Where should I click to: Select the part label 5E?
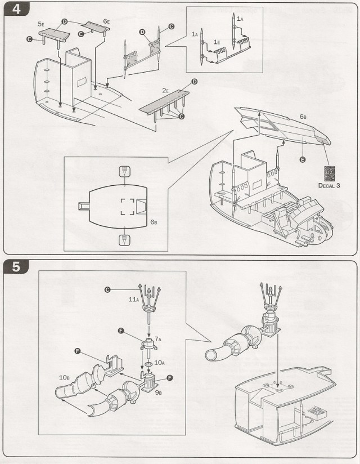coord(40,25)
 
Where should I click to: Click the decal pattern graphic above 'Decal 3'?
coord(329,172)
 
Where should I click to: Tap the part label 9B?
coord(159,392)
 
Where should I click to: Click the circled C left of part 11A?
coord(108,290)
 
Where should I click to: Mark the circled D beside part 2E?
coord(195,82)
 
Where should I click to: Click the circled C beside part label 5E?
coord(29,38)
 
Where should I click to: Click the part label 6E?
coord(107,21)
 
